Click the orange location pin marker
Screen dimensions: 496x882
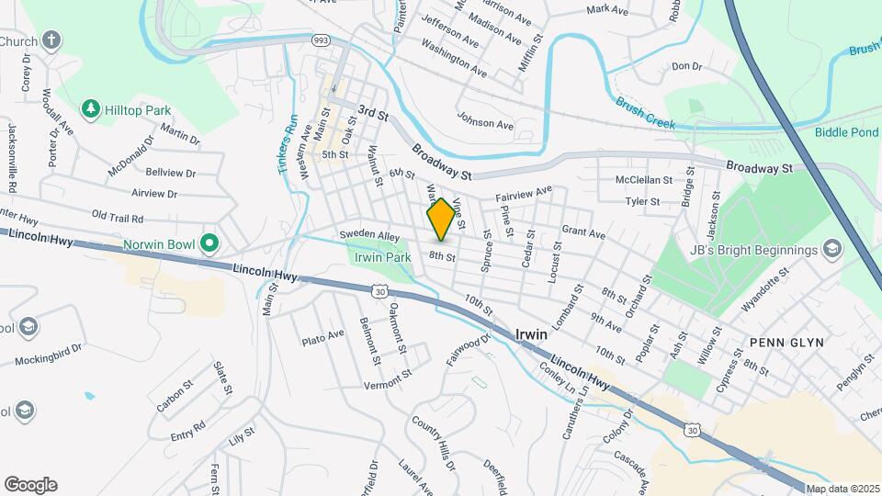[x=441, y=219]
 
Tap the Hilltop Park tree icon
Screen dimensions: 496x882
[x=90, y=110]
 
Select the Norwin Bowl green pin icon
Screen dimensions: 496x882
[x=209, y=244]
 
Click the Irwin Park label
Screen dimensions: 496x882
[x=383, y=257]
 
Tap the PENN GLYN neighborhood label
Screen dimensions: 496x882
[x=786, y=342]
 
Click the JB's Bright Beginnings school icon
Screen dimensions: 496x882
[x=831, y=250]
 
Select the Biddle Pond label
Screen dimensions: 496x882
[x=846, y=131]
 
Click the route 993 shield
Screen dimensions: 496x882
[x=321, y=40]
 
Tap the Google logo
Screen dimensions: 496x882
[x=30, y=485]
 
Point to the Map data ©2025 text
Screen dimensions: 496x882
[x=842, y=490]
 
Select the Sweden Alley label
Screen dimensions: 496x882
[x=364, y=235]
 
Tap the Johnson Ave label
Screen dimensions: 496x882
[x=485, y=121]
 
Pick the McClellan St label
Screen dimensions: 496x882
[x=644, y=180]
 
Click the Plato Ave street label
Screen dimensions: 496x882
[x=322, y=338]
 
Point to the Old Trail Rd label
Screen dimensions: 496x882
[x=118, y=218]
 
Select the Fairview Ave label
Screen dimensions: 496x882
[x=524, y=194]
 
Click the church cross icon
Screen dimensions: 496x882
[x=52, y=40]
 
